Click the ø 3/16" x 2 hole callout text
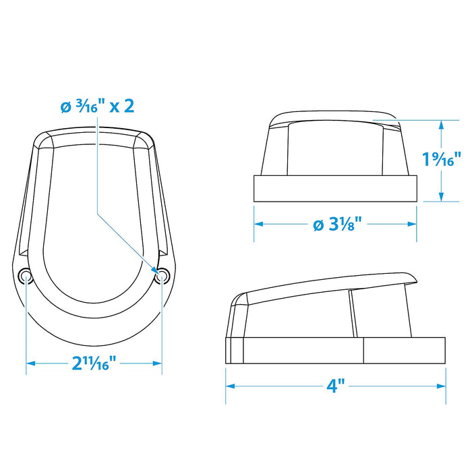pos(97,107)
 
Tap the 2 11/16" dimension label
pos(94,363)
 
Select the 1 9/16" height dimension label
pos(442,159)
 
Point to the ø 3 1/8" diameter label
pos(337,224)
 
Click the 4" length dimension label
pos(336,386)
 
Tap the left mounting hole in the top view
pos(26,275)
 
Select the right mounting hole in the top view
pos(163,275)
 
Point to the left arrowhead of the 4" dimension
pos(231,386)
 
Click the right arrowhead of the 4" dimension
pos(441,386)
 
